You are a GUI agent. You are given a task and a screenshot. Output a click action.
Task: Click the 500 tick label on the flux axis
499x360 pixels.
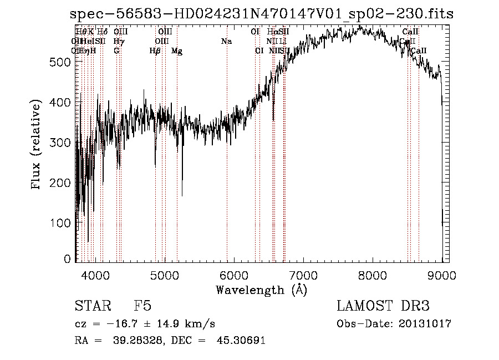(60, 62)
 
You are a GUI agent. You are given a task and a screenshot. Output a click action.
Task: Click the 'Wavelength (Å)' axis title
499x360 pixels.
(261, 290)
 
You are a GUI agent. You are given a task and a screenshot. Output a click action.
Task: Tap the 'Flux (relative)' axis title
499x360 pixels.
(37, 146)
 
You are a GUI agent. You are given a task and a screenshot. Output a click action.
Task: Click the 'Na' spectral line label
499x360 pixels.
(226, 41)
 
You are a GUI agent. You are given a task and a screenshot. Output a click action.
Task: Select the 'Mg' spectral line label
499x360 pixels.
(176, 51)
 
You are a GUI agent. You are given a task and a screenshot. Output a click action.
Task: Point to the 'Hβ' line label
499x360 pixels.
(155, 51)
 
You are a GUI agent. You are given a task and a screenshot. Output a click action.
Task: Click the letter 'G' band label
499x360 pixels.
(116, 51)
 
